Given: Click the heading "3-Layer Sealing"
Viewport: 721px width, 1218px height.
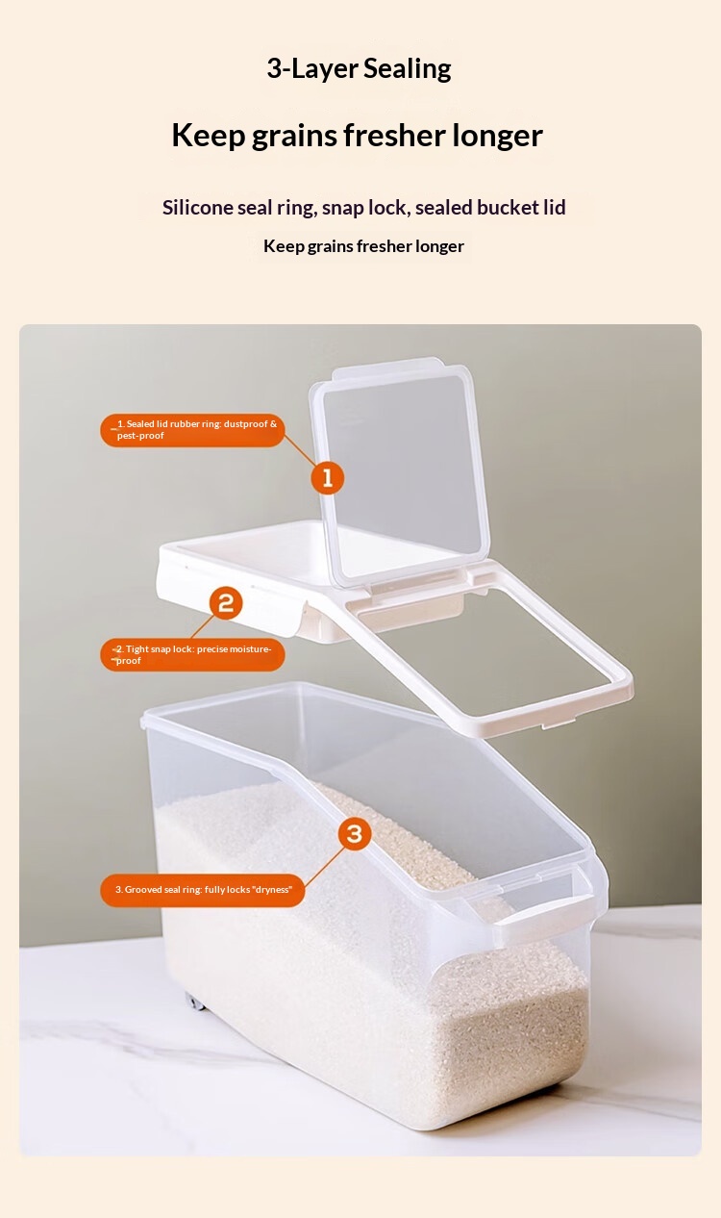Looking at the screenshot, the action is (359, 69).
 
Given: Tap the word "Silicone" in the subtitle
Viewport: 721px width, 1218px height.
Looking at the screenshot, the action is (197, 207).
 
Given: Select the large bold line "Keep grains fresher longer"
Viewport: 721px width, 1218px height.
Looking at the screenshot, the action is (357, 136).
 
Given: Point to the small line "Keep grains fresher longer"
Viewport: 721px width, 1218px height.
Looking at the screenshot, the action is (363, 246).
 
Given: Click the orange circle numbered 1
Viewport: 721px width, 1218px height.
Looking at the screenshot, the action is (327, 478).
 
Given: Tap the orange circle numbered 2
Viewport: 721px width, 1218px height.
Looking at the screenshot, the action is (226, 603).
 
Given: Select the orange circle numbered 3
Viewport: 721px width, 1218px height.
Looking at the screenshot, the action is (355, 833).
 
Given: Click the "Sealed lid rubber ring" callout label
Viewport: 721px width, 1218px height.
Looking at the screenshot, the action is (192, 430).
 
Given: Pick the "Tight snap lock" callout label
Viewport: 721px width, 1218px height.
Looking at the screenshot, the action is (192, 654).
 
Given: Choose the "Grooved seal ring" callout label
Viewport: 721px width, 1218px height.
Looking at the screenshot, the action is (202, 890).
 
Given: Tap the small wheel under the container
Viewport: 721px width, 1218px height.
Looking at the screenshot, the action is (195, 1001).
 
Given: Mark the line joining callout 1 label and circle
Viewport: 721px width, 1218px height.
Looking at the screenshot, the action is (299, 449).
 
